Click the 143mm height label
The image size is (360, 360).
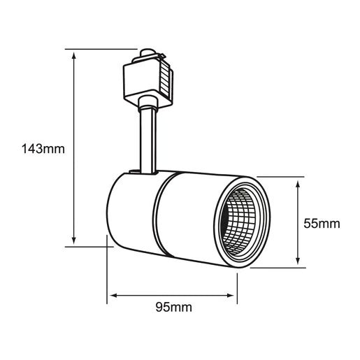click(x=44, y=149)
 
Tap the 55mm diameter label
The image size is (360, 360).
click(x=322, y=224)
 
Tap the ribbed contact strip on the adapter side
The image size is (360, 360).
click(x=166, y=79)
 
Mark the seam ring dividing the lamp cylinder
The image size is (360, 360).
click(x=160, y=213)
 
